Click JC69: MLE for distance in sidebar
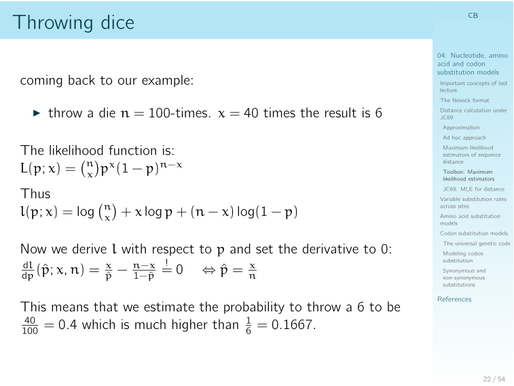point(473,189)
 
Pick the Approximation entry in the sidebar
point(461,127)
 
